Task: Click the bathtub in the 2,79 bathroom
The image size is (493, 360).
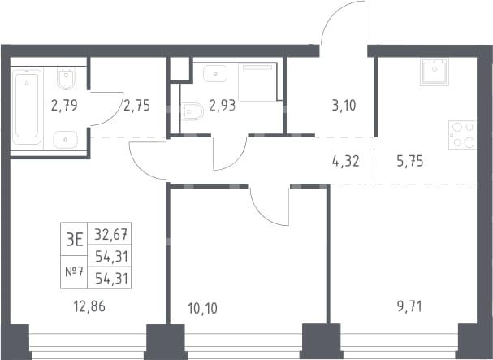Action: tap(27, 107)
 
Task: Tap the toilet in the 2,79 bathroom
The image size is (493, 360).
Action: tap(66, 79)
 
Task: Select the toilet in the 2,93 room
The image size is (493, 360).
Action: tap(192, 111)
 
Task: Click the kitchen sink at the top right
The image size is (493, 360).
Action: tap(435, 72)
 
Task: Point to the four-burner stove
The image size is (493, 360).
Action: tap(462, 135)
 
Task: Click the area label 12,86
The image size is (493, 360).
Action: tap(89, 306)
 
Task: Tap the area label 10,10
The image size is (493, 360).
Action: tap(202, 308)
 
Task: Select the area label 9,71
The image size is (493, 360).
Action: tap(409, 306)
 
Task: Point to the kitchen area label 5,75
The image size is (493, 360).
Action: tap(410, 161)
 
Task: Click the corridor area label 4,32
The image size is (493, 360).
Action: tap(345, 161)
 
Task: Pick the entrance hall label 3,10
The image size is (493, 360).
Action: tap(344, 106)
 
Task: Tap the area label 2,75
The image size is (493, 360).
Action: tap(136, 106)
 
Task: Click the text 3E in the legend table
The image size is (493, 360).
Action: tap(74, 240)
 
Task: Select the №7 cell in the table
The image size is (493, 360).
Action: tap(74, 271)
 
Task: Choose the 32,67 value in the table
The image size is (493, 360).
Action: tap(111, 234)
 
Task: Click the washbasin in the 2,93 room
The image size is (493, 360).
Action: tap(215, 74)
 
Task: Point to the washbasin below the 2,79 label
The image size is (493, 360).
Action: tap(66, 140)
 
